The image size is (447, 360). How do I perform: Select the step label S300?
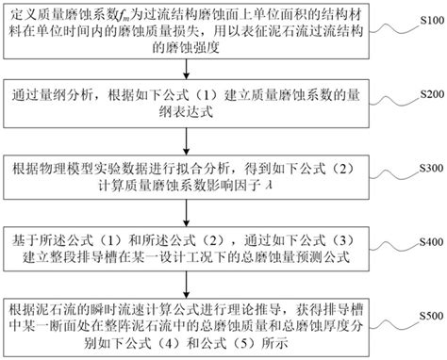pyautogui.click(x=427, y=169)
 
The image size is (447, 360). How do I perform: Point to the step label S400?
pyautogui.click(x=427, y=240)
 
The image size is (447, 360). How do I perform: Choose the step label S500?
pyautogui.click(x=427, y=315)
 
